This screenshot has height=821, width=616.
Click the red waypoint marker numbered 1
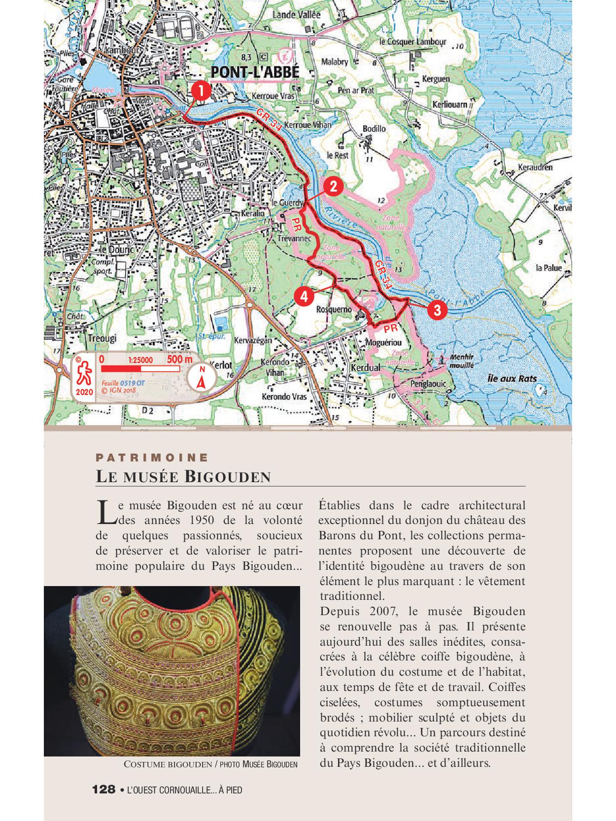point(201,91)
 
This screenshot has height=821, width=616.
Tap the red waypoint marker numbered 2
point(333,187)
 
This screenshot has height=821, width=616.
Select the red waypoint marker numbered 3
point(437,310)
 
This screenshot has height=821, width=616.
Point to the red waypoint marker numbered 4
point(304,296)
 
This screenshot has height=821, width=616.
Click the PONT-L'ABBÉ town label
point(255,73)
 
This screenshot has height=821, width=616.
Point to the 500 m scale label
point(180,359)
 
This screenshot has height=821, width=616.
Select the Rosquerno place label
point(334,310)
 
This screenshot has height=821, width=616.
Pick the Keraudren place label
point(536,167)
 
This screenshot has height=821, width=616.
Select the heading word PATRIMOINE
point(152,457)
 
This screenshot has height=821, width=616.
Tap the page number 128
point(103,789)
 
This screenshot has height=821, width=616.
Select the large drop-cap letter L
point(105,512)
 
